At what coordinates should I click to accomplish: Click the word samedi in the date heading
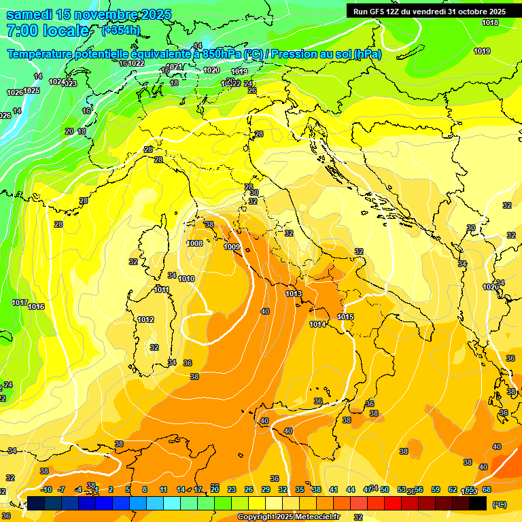pyautogui.click(x=30, y=14)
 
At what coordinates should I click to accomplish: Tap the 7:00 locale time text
pyautogui.click(x=48, y=31)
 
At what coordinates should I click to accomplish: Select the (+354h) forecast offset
pyautogui.click(x=121, y=30)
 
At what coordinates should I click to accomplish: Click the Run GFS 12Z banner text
pyautogui.click(x=429, y=12)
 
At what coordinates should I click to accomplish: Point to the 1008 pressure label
pyautogui.click(x=194, y=243)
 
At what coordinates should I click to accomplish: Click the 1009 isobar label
pyautogui.click(x=232, y=246)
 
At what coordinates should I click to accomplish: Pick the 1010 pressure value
pyautogui.click(x=187, y=279)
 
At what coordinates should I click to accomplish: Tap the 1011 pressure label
pyautogui.click(x=161, y=290)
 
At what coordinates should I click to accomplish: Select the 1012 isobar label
pyautogui.click(x=145, y=319)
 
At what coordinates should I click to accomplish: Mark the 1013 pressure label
pyautogui.click(x=294, y=294)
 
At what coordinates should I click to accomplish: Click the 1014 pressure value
pyautogui.click(x=317, y=324)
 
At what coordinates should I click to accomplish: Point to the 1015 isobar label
pyautogui.click(x=345, y=317)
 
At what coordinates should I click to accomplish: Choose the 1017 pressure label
pyautogui.click(x=19, y=302)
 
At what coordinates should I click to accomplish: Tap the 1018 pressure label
pyautogui.click(x=489, y=22)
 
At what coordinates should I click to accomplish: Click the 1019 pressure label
pyautogui.click(x=482, y=51)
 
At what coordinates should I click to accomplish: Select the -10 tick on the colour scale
pyautogui.click(x=46, y=489)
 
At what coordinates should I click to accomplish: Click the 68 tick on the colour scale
pyautogui.click(x=487, y=489)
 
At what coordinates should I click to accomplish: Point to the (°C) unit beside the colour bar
pyautogui.click(x=499, y=504)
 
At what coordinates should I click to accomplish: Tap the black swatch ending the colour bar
pyautogui.click(x=478, y=503)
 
